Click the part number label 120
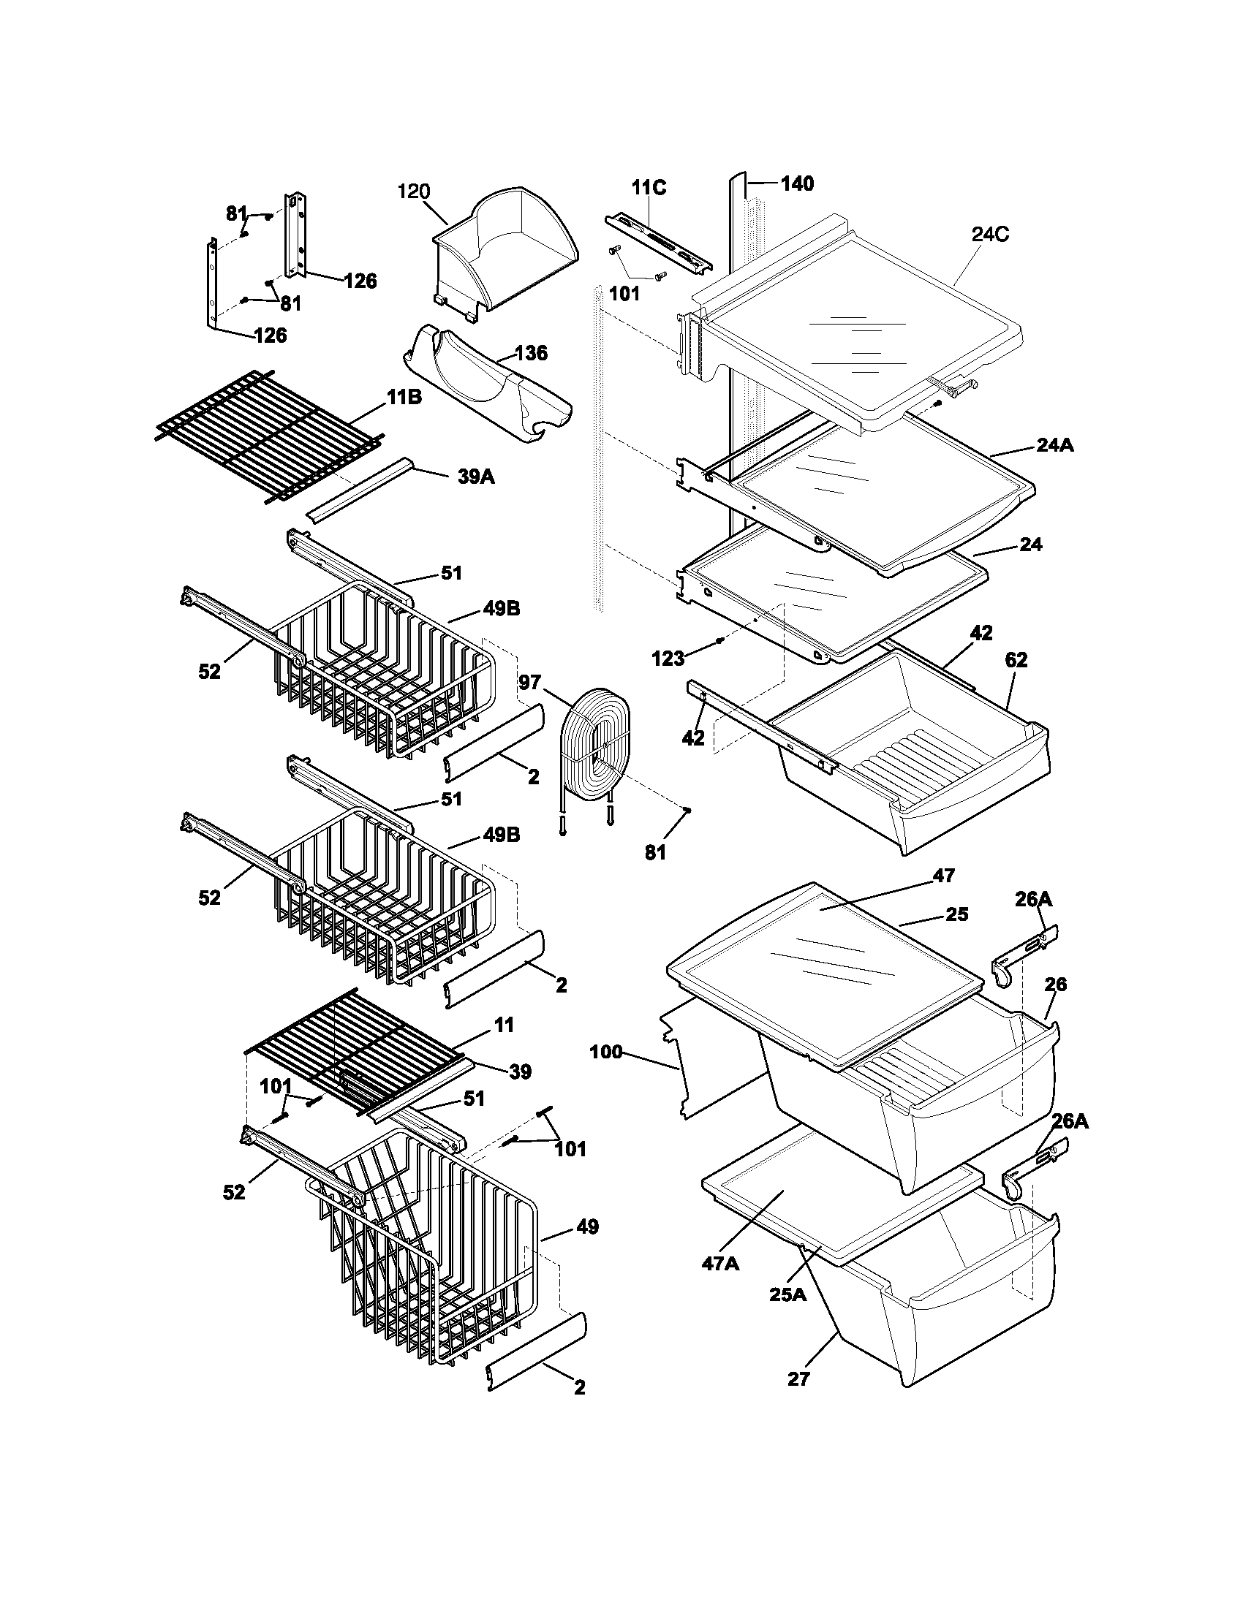click(413, 192)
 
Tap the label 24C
click(990, 235)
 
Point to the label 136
click(531, 353)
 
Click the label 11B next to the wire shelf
click(404, 398)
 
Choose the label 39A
click(476, 477)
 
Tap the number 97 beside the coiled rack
click(529, 683)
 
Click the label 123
click(668, 659)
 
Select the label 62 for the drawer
click(1016, 661)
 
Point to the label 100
click(606, 1052)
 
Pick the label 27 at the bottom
click(798, 1379)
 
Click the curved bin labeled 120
click(508, 250)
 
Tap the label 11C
click(649, 189)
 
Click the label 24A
click(1054, 445)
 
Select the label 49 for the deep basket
click(587, 1227)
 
